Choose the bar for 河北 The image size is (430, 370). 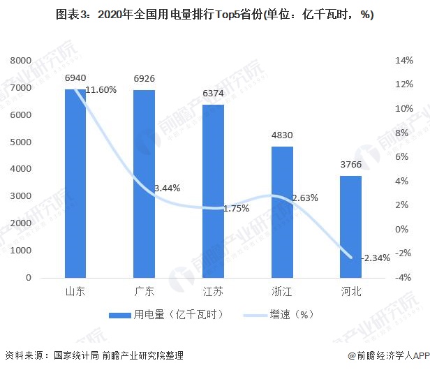click(351, 226)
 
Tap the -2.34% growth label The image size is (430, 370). click(376, 258)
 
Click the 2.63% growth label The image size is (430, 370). click(305, 198)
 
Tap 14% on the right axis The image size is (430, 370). click(404, 61)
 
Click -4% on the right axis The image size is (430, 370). click(404, 277)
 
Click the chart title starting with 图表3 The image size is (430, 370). click(215, 16)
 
